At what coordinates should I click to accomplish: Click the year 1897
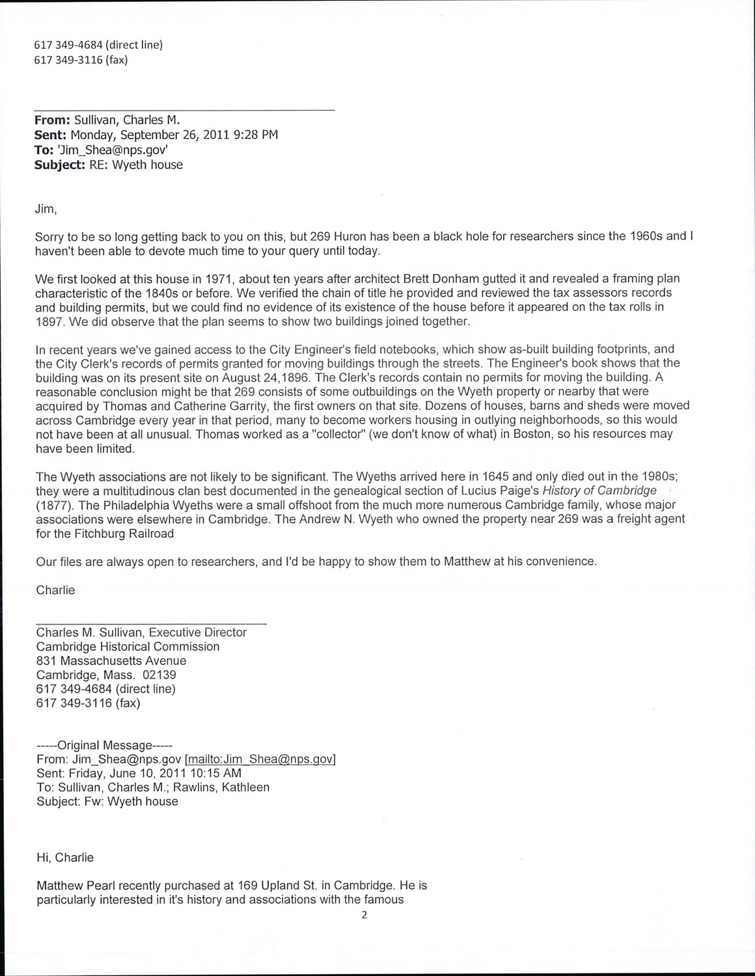click(49, 321)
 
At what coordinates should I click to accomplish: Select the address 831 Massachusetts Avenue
click(111, 661)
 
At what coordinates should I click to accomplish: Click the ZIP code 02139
click(159, 675)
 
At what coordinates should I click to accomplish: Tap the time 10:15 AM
click(210, 774)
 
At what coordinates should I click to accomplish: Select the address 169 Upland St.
click(250, 886)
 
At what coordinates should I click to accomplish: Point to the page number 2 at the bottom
click(364, 915)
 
